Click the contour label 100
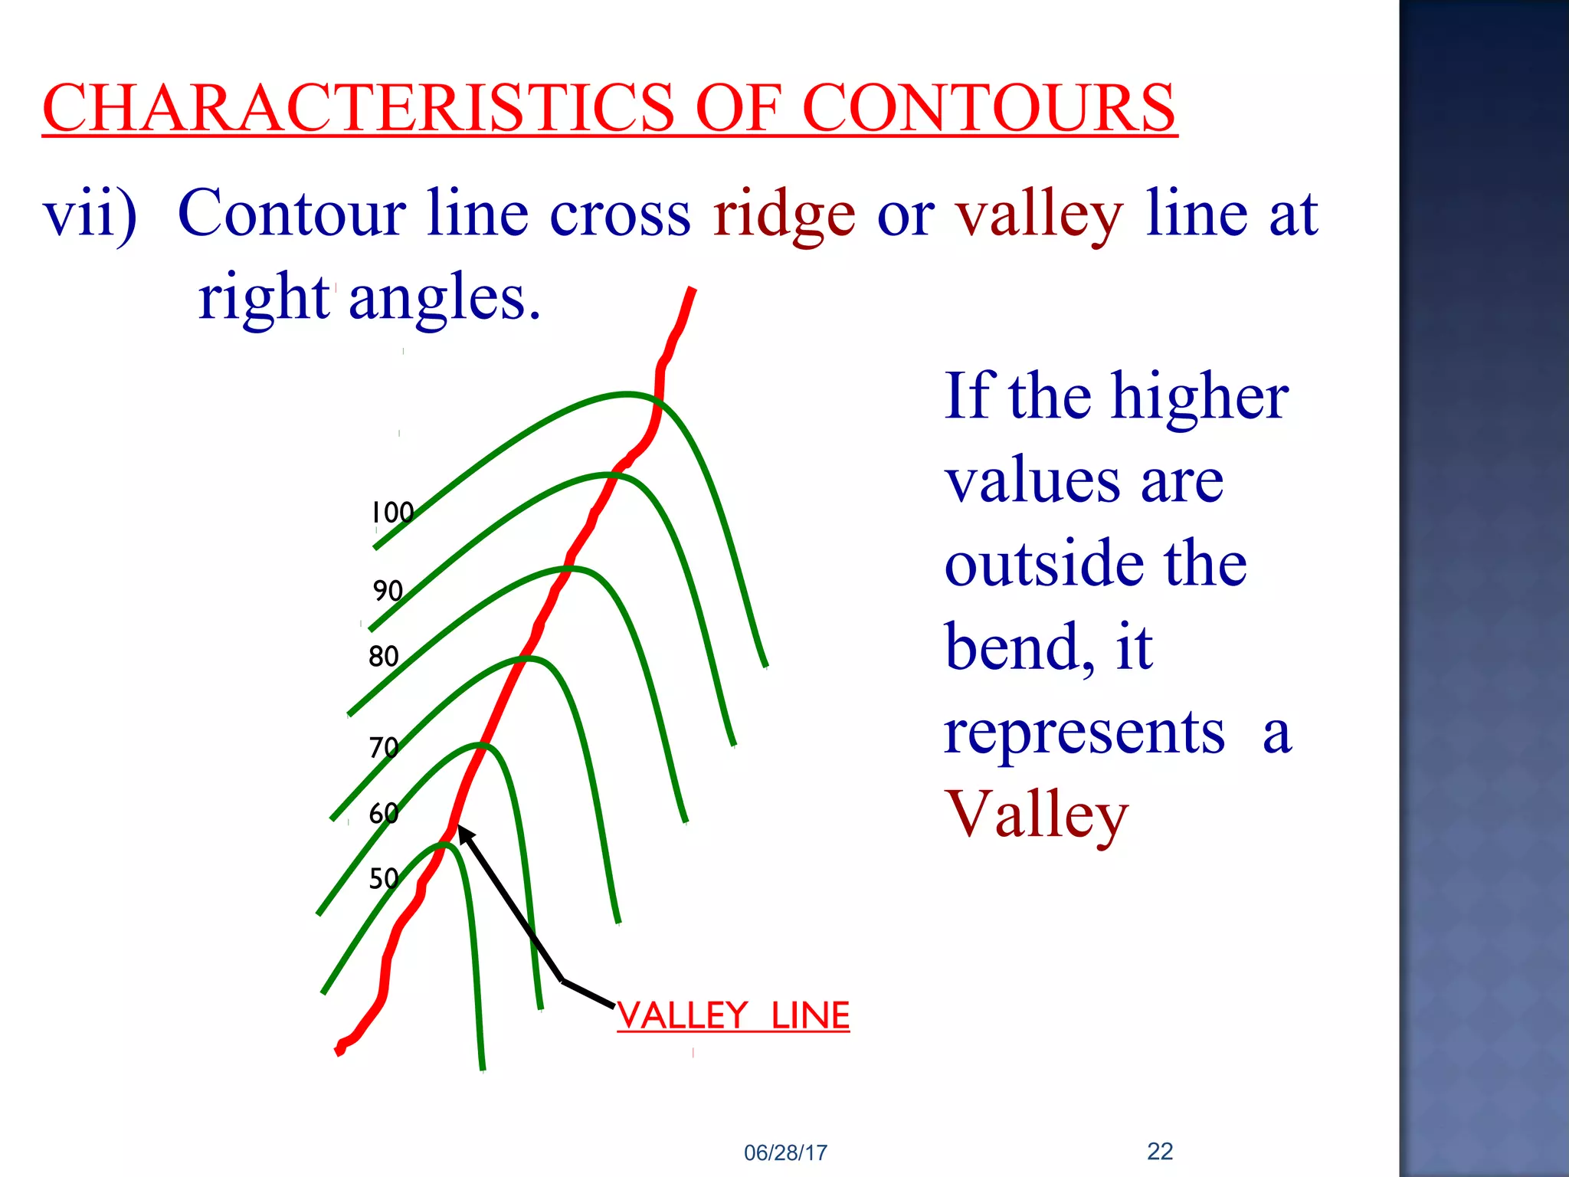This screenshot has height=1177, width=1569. (392, 513)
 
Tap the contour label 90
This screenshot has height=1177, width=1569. (388, 591)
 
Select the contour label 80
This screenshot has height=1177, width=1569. (384, 657)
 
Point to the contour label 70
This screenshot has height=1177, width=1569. (384, 748)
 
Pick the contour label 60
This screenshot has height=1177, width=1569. (384, 813)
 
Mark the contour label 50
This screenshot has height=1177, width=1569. (384, 878)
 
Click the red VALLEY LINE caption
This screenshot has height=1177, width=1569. (733, 1016)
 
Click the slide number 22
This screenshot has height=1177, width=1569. (1160, 1151)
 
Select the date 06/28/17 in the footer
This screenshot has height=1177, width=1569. (785, 1152)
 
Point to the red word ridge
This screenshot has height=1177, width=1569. (784, 215)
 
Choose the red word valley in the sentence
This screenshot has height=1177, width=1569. (1040, 215)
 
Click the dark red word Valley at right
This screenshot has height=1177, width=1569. (1037, 815)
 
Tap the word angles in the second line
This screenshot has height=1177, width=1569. (444, 298)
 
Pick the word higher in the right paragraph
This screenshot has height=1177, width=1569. (1200, 398)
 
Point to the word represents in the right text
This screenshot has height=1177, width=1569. (1084, 733)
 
